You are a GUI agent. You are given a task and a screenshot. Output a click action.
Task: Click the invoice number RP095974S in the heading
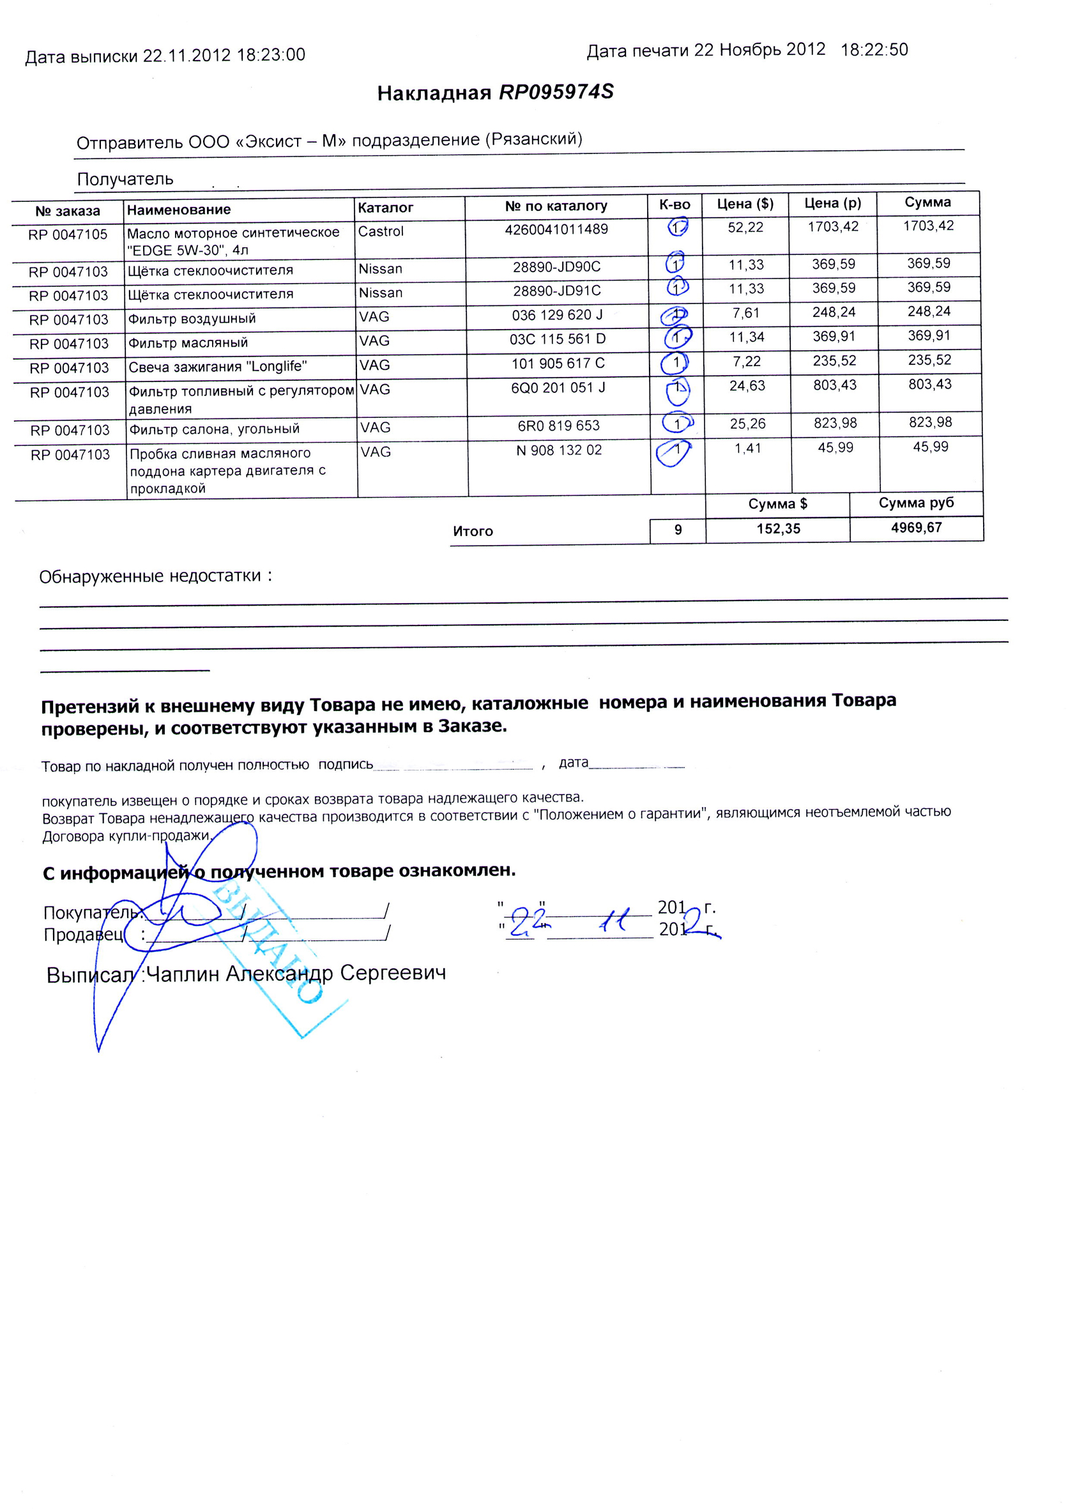[x=556, y=92]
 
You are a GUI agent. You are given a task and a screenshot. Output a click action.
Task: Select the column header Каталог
[x=385, y=208]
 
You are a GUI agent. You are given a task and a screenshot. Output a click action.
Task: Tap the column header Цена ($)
[x=744, y=204]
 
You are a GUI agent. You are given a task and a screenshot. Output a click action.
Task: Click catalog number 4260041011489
[x=556, y=229]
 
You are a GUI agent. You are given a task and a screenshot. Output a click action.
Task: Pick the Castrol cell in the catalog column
[x=381, y=231]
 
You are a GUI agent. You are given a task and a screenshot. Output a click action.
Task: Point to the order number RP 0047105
[x=68, y=235]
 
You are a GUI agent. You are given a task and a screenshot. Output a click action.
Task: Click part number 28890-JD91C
[x=557, y=291]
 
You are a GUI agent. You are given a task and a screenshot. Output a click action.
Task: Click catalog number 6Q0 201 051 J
[x=558, y=388]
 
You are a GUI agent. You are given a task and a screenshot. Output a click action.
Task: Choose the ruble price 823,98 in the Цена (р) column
[x=835, y=424]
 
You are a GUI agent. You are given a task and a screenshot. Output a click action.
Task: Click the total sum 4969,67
[x=916, y=528]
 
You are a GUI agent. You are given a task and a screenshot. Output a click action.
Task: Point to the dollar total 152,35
[x=778, y=529]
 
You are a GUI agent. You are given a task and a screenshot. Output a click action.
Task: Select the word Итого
[x=473, y=532]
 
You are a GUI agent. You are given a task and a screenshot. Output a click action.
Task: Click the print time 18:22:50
[x=874, y=50]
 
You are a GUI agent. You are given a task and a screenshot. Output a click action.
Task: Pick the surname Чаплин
[x=183, y=974]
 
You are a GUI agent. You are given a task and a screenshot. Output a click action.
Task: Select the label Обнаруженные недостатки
[x=150, y=577]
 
